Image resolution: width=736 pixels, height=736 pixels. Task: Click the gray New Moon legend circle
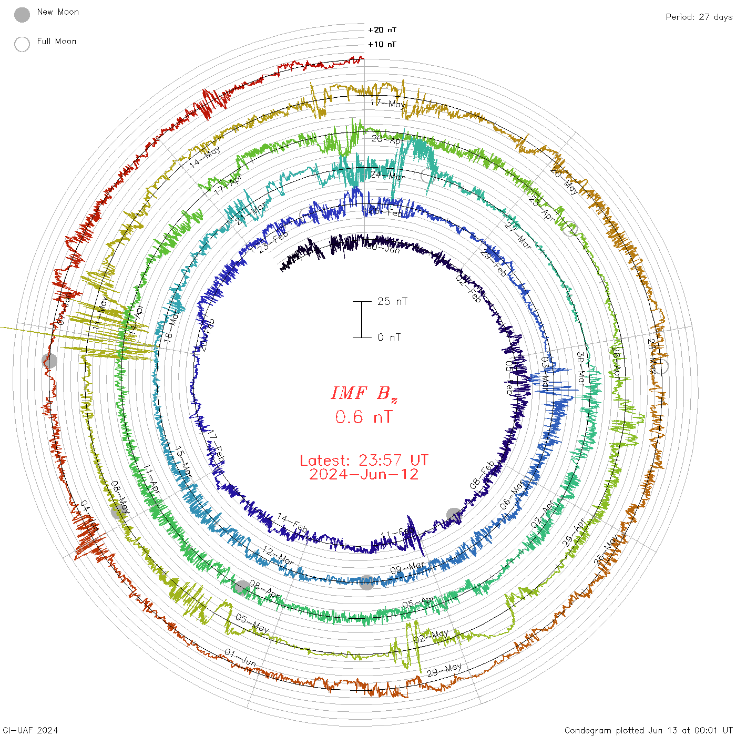point(22,15)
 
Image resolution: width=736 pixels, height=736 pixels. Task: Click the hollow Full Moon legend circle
point(22,44)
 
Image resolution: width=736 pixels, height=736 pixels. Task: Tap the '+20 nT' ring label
point(382,30)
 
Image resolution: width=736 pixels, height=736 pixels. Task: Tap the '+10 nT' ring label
point(382,44)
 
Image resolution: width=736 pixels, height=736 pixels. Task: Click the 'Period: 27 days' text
point(699,17)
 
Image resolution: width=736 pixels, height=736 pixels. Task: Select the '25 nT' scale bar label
point(392,301)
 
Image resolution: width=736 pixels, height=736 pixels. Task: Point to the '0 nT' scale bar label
point(389,337)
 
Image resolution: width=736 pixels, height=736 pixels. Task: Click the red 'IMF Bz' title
point(364,393)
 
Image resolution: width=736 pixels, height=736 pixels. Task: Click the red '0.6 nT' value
point(364,417)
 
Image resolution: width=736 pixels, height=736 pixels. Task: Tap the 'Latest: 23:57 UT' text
point(364,461)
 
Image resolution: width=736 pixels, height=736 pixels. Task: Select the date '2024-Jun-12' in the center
point(364,474)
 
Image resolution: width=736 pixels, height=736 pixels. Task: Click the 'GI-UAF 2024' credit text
point(30,730)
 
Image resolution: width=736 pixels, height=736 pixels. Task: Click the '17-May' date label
point(388,104)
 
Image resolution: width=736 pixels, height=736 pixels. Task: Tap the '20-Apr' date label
point(387,139)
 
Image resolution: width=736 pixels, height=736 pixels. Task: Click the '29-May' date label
point(444,670)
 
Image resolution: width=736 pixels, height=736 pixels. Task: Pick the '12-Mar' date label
point(278,556)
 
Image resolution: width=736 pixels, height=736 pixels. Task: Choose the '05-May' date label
point(252,623)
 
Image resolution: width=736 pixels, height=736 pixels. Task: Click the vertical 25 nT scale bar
point(362,319)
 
